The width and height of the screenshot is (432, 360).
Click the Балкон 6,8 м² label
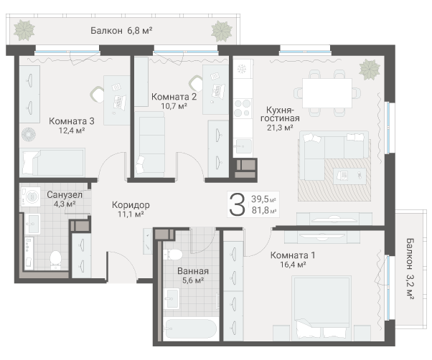tap(121, 30)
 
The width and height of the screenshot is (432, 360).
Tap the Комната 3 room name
tap(71, 120)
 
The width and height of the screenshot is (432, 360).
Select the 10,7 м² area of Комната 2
tap(174, 106)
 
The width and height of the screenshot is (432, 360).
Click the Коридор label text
tap(131, 204)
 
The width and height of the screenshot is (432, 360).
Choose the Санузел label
tap(65, 194)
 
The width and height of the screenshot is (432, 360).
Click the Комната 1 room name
tap(292, 255)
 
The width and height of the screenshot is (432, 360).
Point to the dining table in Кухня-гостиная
tap(328, 92)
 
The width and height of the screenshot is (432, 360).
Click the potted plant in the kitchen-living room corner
tap(370, 68)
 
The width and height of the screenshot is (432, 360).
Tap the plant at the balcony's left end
tap(25, 29)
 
